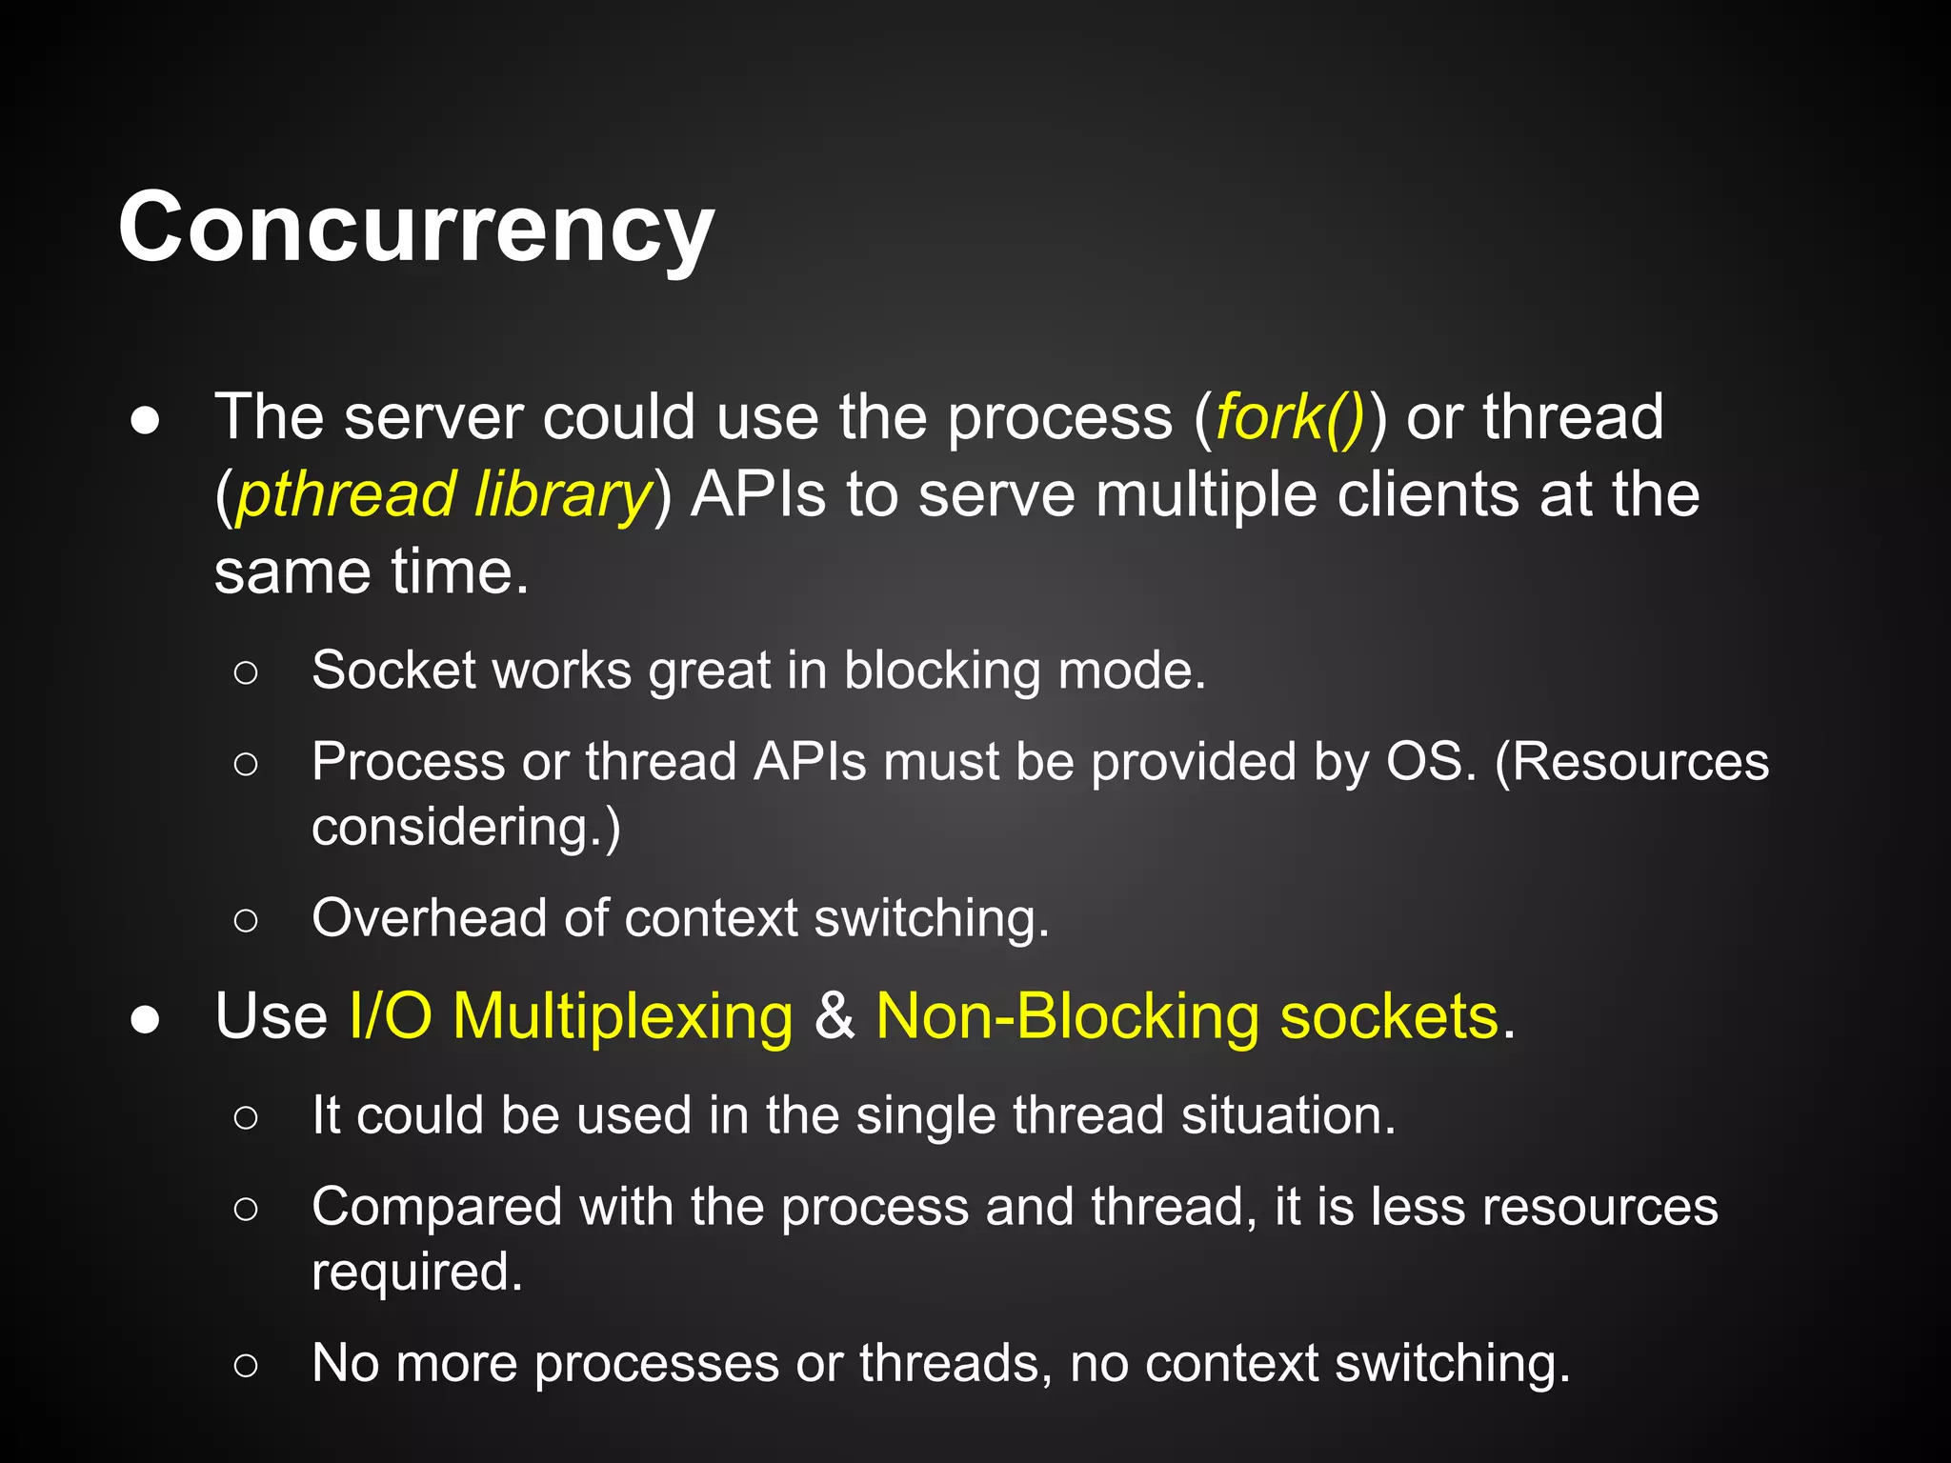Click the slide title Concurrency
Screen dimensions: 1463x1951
point(416,229)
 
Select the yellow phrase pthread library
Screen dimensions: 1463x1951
point(443,495)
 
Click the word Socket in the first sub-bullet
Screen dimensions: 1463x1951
point(392,670)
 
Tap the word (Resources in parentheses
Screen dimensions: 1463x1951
point(1632,762)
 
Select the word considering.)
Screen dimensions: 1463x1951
point(466,827)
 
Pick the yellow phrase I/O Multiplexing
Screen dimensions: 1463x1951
point(571,1016)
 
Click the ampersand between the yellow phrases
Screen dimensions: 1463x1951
point(834,1016)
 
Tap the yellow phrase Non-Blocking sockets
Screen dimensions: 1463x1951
point(1187,1016)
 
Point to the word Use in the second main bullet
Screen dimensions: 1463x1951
point(272,1016)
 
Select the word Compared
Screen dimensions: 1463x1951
point(437,1208)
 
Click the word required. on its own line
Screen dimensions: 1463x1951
point(417,1273)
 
